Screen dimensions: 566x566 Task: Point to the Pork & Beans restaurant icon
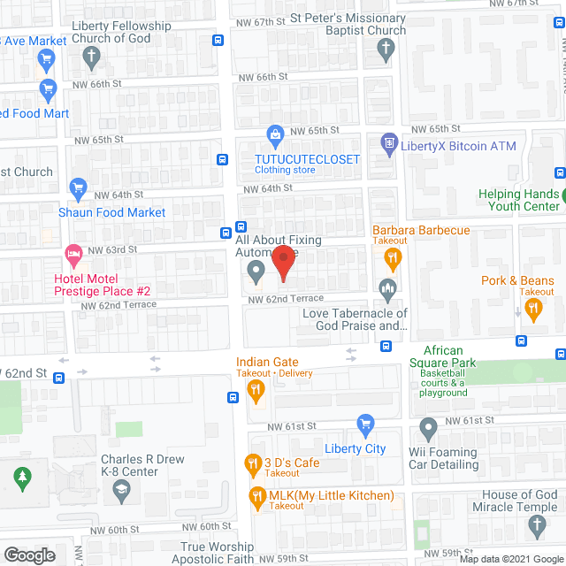(532, 309)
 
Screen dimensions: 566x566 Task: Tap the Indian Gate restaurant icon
(256, 388)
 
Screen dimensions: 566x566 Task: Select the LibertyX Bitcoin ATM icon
(387, 141)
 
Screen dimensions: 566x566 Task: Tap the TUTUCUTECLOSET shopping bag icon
(275, 135)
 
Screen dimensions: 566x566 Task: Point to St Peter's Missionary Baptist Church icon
(384, 51)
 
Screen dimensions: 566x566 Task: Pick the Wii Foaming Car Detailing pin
(429, 431)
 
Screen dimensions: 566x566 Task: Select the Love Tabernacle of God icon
(387, 288)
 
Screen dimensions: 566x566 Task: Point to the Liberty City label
(356, 448)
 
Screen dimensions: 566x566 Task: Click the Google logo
(29, 555)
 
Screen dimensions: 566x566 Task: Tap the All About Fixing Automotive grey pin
(256, 270)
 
